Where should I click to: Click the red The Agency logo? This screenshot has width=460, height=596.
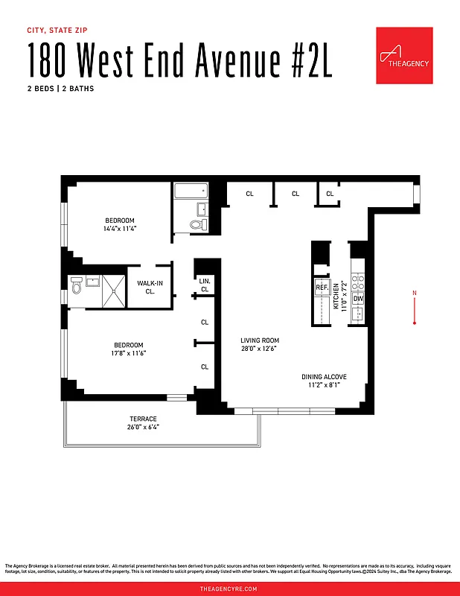(x=404, y=56)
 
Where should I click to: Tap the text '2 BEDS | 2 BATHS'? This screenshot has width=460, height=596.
(x=61, y=89)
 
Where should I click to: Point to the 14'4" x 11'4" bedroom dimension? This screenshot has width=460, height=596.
(x=120, y=229)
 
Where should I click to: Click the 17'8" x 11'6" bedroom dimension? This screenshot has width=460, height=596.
(x=129, y=353)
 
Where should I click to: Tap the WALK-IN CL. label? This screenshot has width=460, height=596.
(x=151, y=287)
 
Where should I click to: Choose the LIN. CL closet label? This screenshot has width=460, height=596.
(x=205, y=285)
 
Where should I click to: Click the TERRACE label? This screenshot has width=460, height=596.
(x=143, y=419)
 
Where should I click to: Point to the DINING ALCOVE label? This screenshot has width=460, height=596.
(x=324, y=377)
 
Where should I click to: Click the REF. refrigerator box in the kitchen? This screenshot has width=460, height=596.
(x=322, y=287)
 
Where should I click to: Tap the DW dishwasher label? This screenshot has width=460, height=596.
(x=358, y=299)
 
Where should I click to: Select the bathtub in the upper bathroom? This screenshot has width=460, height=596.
(x=191, y=191)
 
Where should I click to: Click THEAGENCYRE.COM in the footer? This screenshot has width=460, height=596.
(x=229, y=589)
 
